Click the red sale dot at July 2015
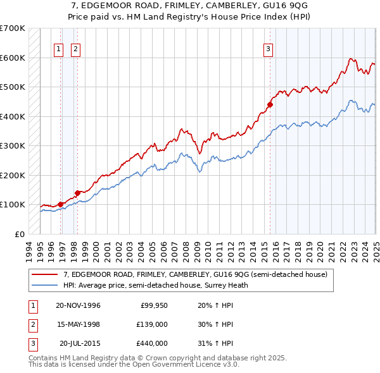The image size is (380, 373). pos(269,105)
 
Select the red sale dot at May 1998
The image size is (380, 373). pos(77,193)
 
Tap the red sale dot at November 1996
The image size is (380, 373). pos(61,204)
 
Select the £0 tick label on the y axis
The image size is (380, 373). pos(19,234)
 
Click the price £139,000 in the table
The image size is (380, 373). pos(153,324)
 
